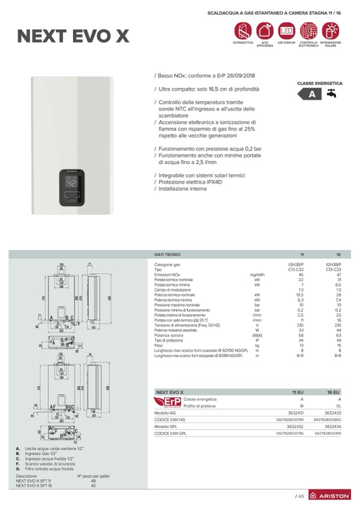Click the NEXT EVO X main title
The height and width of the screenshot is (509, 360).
[x=73, y=36]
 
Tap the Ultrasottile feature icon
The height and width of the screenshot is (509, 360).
[x=243, y=30]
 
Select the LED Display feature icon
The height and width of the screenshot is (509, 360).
[x=286, y=30]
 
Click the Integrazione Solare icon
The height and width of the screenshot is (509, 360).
[x=330, y=30]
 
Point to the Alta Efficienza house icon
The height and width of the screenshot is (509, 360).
[x=264, y=30]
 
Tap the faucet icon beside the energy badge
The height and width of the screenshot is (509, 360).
[x=331, y=94]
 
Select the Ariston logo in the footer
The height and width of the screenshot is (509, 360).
[x=330, y=495]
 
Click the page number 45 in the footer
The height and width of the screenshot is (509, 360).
[x=300, y=496]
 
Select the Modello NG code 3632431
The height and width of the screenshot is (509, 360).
[x=294, y=412]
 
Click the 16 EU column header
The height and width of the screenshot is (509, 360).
[x=333, y=392]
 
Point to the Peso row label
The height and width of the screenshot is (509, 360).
[x=159, y=345]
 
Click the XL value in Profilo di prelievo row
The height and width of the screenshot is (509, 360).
[x=338, y=406]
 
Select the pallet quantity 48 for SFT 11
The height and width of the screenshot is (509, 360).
[x=93, y=481]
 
